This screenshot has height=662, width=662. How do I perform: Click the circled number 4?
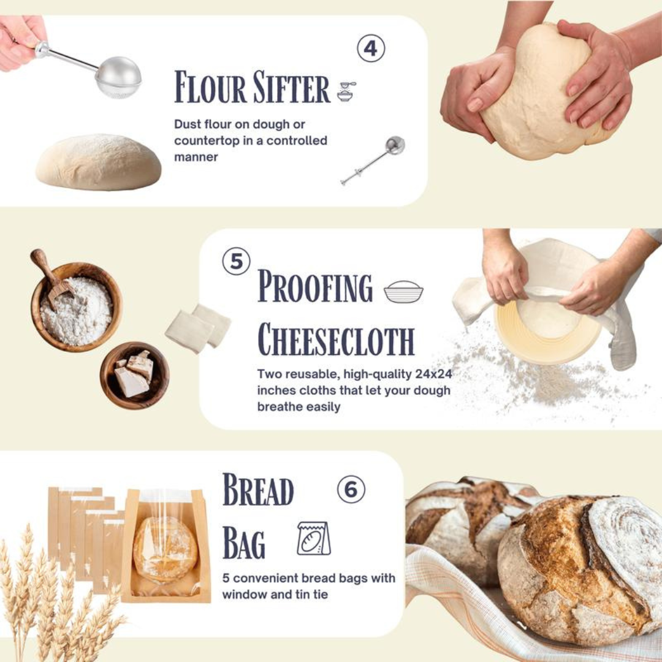click(x=371, y=48)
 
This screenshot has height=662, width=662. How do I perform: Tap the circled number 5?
click(x=236, y=262)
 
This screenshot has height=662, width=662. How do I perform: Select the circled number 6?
click(x=351, y=490)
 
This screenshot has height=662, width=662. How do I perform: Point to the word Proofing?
click(x=315, y=287)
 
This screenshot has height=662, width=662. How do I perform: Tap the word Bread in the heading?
click(x=258, y=490)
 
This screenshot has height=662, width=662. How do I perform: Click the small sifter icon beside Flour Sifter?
click(x=346, y=91)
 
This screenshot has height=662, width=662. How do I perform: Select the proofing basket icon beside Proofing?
click(x=403, y=291)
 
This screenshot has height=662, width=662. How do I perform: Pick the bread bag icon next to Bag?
click(x=314, y=539)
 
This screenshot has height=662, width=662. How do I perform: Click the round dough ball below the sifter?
click(x=98, y=162)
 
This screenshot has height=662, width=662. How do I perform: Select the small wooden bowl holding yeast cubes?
click(x=135, y=375)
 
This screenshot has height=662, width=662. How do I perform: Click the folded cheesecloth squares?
click(x=198, y=327)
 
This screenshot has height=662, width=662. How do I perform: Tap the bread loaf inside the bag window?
click(x=165, y=549)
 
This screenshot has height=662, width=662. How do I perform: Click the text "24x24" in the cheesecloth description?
click(x=432, y=374)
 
